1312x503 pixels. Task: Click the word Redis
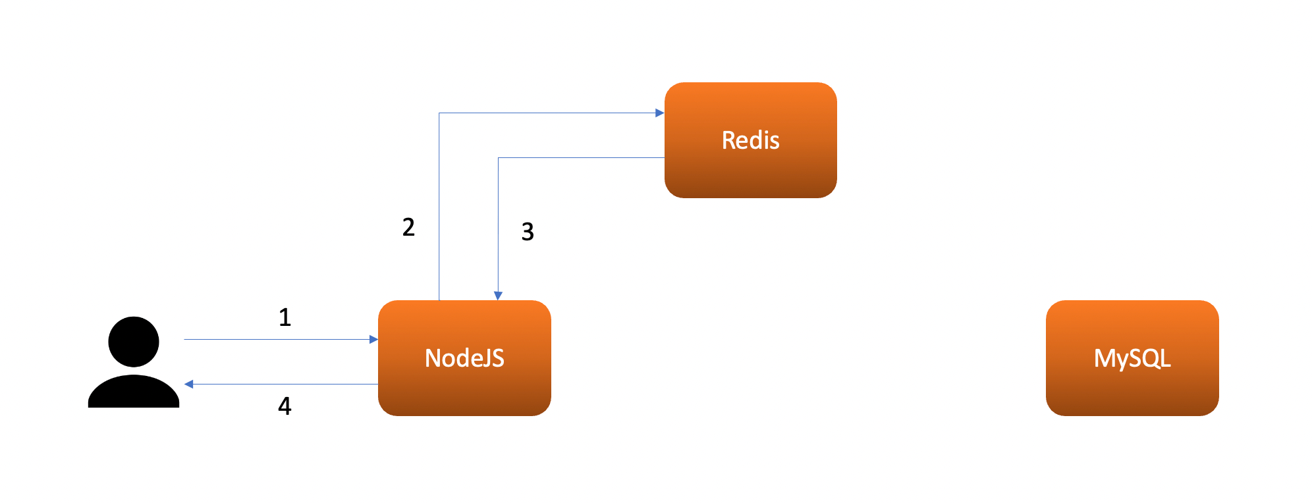click(750, 140)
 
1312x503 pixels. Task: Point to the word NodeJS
click(464, 358)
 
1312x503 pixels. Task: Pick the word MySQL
click(1132, 358)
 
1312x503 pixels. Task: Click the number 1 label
click(285, 317)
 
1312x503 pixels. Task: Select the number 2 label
click(408, 227)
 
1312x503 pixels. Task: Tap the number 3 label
click(528, 232)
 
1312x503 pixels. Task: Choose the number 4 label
click(285, 406)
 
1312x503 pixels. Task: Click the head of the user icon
click(134, 341)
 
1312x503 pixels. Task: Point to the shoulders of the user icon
click(134, 393)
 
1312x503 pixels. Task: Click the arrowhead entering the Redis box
click(659, 113)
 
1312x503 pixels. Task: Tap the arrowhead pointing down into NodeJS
click(498, 296)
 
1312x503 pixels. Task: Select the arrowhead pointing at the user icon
click(189, 384)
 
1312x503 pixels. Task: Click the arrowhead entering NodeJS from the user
click(373, 340)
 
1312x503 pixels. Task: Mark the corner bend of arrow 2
click(439, 113)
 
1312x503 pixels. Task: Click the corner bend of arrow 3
click(499, 158)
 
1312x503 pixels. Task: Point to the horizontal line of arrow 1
click(277, 340)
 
